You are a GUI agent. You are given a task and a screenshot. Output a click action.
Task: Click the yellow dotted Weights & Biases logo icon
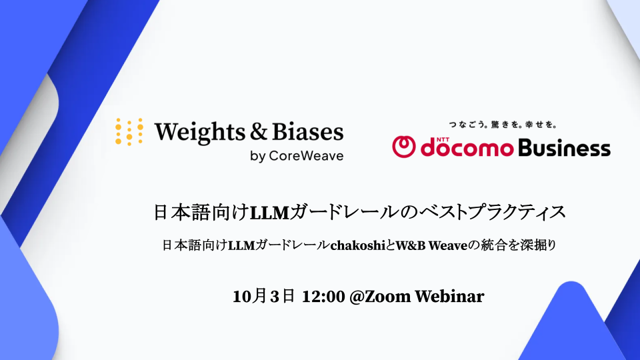click(x=129, y=132)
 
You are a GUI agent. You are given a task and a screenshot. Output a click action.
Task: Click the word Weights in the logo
click(x=200, y=133)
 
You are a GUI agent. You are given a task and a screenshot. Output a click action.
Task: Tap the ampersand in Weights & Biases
click(x=259, y=131)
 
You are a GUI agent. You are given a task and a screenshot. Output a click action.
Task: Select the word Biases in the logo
click(x=308, y=131)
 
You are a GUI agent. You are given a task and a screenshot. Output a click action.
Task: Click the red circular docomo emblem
click(x=404, y=147)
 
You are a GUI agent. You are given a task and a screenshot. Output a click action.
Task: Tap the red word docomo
click(x=467, y=147)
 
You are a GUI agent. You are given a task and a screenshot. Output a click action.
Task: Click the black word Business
click(x=565, y=147)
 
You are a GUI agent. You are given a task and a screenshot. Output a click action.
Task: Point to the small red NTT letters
click(x=443, y=139)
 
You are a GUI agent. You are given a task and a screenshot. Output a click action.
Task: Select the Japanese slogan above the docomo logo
click(x=503, y=125)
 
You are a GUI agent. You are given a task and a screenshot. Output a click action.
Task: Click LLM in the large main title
click(x=269, y=213)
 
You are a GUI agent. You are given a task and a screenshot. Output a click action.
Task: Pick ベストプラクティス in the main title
click(x=493, y=212)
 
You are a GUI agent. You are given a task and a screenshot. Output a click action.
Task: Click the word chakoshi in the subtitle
click(x=358, y=245)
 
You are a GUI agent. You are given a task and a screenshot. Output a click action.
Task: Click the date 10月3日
click(x=264, y=296)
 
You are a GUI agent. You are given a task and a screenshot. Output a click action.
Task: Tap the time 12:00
click(x=323, y=297)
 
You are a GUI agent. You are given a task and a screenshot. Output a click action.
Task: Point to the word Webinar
click(x=449, y=297)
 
